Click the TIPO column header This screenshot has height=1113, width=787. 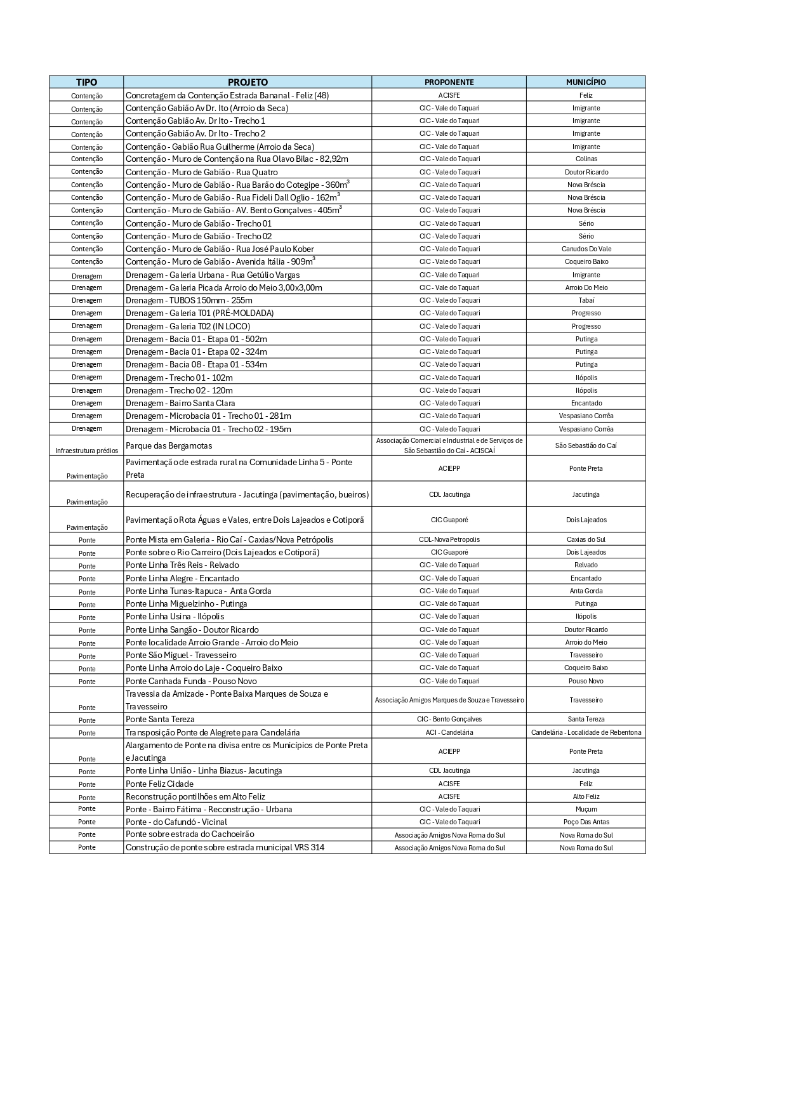(x=86, y=82)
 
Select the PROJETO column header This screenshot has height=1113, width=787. (x=248, y=82)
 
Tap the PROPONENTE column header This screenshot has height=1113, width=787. (x=449, y=82)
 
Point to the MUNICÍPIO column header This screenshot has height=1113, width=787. (x=586, y=82)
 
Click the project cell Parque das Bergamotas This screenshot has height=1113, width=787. (x=169, y=445)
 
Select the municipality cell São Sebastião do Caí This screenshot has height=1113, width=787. (x=586, y=445)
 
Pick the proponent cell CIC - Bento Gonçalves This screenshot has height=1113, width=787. (x=449, y=719)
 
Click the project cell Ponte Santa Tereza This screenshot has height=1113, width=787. (x=160, y=719)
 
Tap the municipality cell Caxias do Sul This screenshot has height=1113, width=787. (x=586, y=539)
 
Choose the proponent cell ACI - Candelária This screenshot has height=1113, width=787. (x=449, y=732)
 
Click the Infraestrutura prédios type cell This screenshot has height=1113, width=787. (x=86, y=451)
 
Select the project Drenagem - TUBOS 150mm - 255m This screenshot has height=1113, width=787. (x=188, y=300)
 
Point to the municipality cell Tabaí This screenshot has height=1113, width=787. (x=586, y=300)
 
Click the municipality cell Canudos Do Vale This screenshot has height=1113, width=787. (x=586, y=249)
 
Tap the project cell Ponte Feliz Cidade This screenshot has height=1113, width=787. (x=159, y=784)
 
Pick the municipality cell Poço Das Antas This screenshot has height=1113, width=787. (x=586, y=822)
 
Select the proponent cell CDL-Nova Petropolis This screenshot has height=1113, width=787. (x=449, y=539)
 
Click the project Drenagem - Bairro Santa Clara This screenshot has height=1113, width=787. (x=180, y=403)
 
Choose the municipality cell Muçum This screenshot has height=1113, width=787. (x=586, y=809)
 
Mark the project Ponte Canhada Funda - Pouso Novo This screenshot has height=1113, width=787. (x=191, y=681)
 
